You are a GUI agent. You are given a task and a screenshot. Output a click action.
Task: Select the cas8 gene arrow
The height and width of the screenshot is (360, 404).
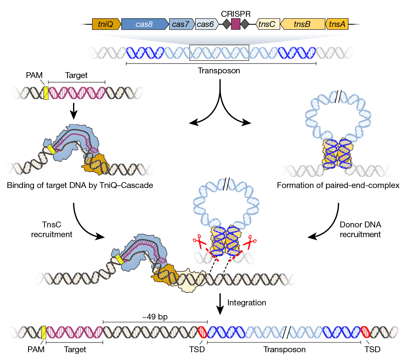[144, 24]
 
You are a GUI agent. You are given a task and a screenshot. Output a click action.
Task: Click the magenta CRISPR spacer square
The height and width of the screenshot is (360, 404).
[236, 24]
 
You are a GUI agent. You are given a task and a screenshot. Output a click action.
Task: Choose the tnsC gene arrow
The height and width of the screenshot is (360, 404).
[267, 24]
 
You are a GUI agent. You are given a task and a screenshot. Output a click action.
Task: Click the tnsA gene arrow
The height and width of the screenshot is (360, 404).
[337, 24]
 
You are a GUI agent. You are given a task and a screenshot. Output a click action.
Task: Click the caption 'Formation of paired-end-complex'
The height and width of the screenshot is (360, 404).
[338, 185]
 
